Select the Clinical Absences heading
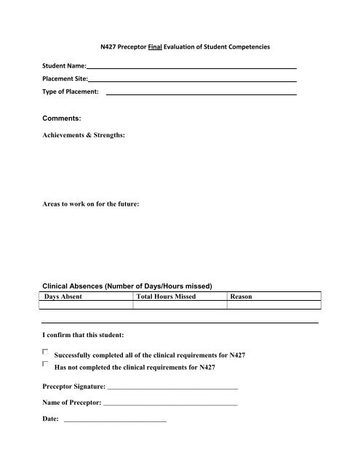point(126,286)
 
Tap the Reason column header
point(241,297)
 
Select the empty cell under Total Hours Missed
point(180,306)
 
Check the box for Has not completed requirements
point(46,365)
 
